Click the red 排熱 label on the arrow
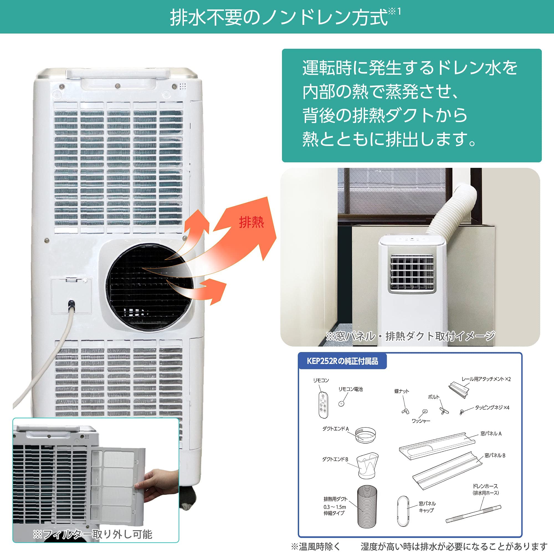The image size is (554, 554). click(252, 222)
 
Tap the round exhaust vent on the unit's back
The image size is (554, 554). click(147, 287)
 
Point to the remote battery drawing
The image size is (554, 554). click(341, 404)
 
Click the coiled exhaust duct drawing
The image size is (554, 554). click(367, 506)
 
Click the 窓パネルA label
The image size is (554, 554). click(491, 434)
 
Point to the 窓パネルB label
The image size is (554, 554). click(495, 455)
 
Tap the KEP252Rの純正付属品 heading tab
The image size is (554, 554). click(342, 361)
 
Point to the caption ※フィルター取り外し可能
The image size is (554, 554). click(93, 534)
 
